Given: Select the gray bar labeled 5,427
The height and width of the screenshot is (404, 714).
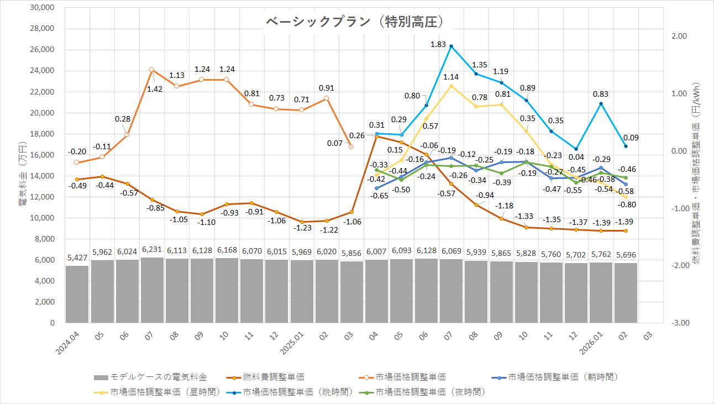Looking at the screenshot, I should [x=77, y=294].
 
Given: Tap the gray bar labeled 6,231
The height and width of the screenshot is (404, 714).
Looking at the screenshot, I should [x=152, y=290].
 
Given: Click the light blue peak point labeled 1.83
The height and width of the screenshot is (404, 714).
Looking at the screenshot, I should [x=452, y=46].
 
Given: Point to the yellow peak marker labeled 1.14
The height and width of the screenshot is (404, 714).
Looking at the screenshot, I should [x=452, y=86].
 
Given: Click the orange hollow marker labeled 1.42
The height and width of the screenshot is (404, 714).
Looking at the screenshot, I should [x=152, y=70].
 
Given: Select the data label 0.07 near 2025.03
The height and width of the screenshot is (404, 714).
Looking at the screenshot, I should [x=335, y=144].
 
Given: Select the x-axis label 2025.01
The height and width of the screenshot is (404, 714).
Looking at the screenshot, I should [x=292, y=343].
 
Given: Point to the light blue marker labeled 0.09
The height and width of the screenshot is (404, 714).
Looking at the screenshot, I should [x=626, y=146].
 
